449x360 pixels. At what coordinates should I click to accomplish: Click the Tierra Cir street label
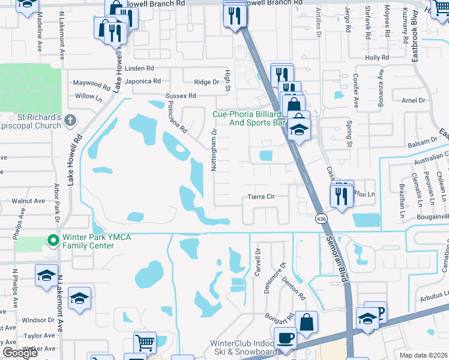coord(261,196)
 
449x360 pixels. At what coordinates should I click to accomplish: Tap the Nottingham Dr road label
coord(214,150)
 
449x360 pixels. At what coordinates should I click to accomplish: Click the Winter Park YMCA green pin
coord(53,241)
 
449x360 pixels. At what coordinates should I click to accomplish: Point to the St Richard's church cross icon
coord(70,121)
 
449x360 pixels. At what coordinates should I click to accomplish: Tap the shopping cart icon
coord(145,343)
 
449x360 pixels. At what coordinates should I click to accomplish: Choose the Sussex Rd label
coord(181,95)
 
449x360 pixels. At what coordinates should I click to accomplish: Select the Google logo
coord(20,353)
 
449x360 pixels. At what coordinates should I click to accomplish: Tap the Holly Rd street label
coord(377,58)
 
